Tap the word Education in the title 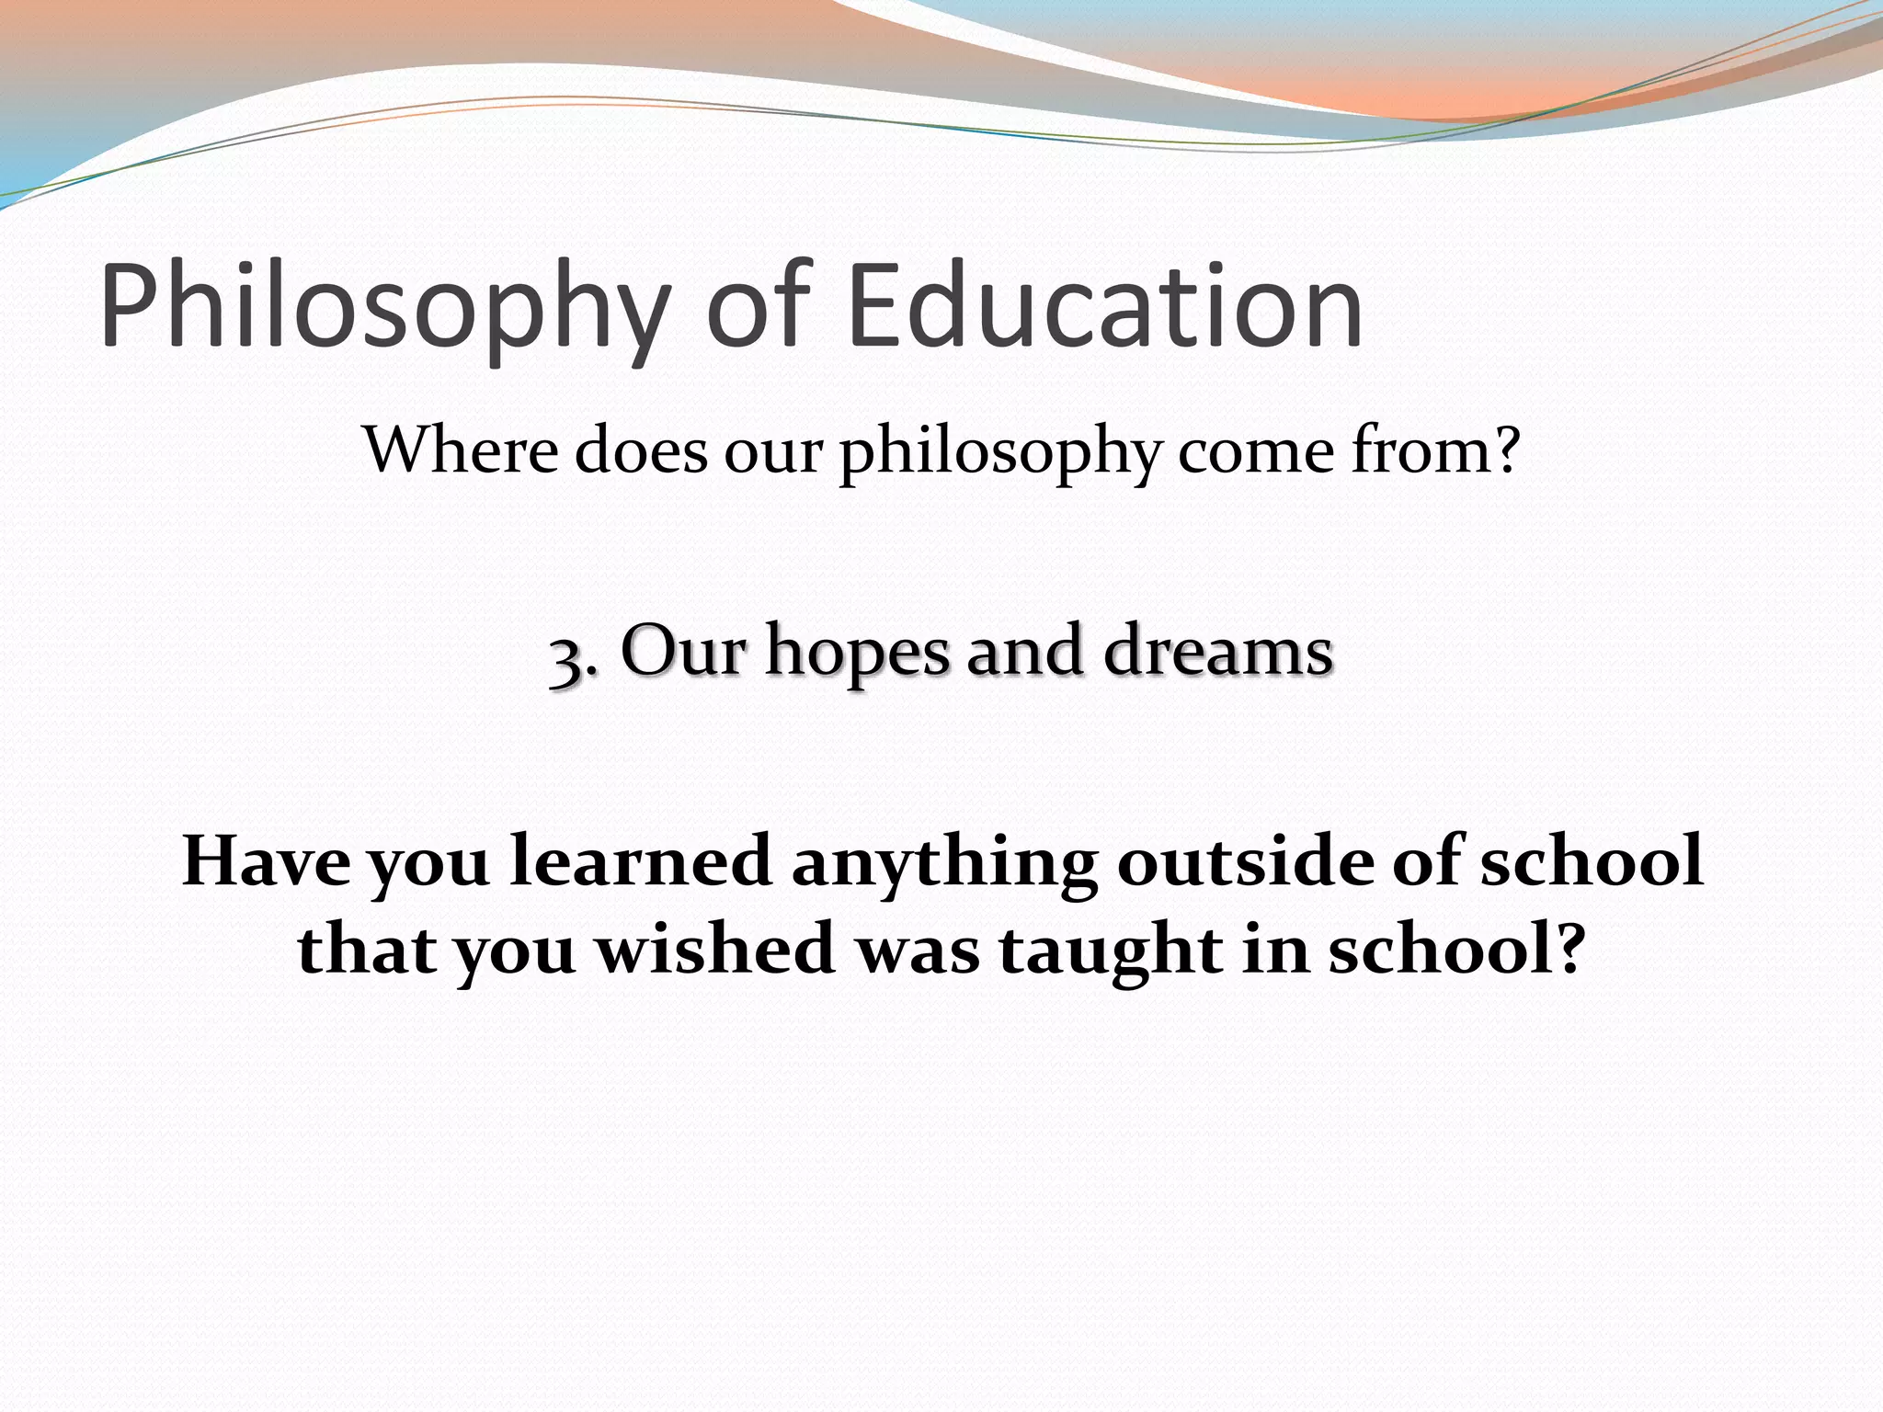(x=1105, y=305)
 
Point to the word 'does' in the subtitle (x=642, y=450)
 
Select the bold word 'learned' (x=641, y=861)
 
